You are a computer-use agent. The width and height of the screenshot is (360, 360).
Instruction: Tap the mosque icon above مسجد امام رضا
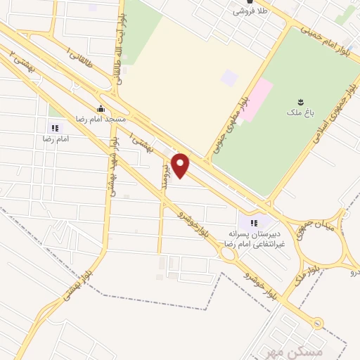(101, 108)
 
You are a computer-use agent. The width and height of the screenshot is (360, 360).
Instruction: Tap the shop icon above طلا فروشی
(250, 3)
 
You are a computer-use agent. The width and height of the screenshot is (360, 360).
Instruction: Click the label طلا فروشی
(250, 12)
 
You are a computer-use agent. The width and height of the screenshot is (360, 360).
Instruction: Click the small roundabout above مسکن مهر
(319, 323)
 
